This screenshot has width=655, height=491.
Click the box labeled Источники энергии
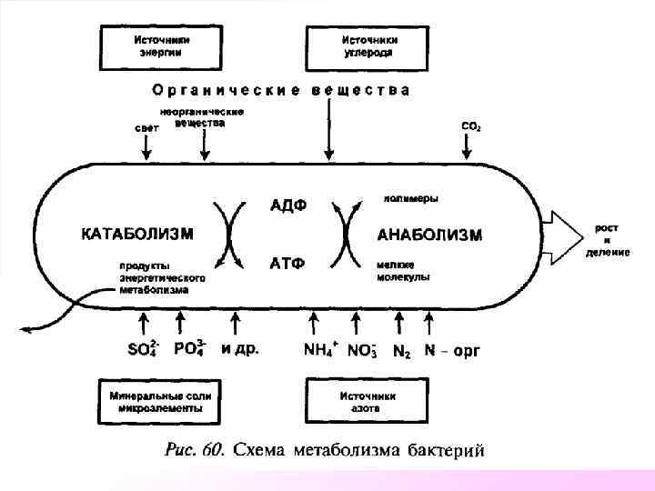click(x=163, y=46)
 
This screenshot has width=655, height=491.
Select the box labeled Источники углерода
click(x=368, y=46)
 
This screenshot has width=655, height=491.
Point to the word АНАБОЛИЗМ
click(x=429, y=235)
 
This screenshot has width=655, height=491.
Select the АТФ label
click(x=287, y=264)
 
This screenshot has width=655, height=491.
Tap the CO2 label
click(x=471, y=126)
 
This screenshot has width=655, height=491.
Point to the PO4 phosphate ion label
click(x=189, y=348)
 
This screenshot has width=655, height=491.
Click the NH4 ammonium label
click(x=320, y=349)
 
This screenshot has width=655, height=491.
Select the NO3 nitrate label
click(x=362, y=350)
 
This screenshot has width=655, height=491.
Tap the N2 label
click(x=401, y=351)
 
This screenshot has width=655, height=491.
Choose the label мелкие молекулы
click(x=403, y=270)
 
